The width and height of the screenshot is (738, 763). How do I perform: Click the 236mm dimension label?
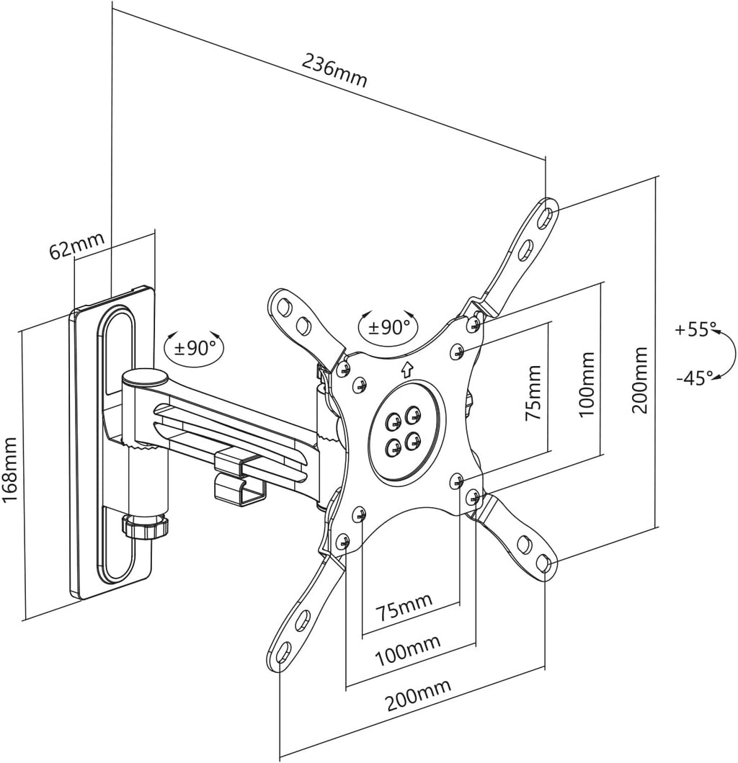334,71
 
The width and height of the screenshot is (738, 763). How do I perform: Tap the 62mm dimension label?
77,245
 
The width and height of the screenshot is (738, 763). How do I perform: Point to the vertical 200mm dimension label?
640,380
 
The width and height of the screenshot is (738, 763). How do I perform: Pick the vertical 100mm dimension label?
587,384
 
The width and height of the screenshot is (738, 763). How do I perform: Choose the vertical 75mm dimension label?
533,393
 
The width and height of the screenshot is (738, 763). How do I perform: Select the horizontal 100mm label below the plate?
407,650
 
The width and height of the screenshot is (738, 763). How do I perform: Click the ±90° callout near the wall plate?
195,347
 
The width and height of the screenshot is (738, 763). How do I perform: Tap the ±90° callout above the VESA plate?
388,327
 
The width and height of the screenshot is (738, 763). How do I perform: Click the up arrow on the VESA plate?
406,370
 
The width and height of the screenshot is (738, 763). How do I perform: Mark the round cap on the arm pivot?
145,377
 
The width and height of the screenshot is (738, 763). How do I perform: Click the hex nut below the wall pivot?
145,526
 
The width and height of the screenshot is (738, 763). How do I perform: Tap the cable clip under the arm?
239,479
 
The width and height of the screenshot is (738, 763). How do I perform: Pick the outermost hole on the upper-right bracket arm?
547,216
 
